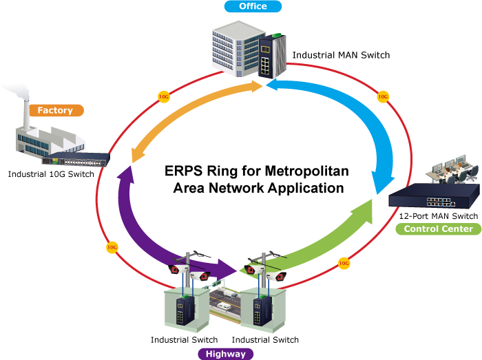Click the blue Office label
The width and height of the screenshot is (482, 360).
click(253, 7)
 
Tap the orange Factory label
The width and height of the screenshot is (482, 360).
click(55, 111)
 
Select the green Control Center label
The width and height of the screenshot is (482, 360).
click(439, 229)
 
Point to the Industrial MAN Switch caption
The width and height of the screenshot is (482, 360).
click(341, 55)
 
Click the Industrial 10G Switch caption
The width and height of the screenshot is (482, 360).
click(51, 174)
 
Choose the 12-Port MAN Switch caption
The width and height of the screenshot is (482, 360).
click(438, 216)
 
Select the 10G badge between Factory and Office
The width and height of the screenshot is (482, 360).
click(164, 96)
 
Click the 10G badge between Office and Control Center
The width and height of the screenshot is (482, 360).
click(383, 97)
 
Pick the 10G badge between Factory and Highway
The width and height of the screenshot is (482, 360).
click(112, 246)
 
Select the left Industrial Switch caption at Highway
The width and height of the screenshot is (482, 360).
click(184, 340)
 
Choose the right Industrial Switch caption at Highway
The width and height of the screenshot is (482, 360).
click(265, 340)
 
